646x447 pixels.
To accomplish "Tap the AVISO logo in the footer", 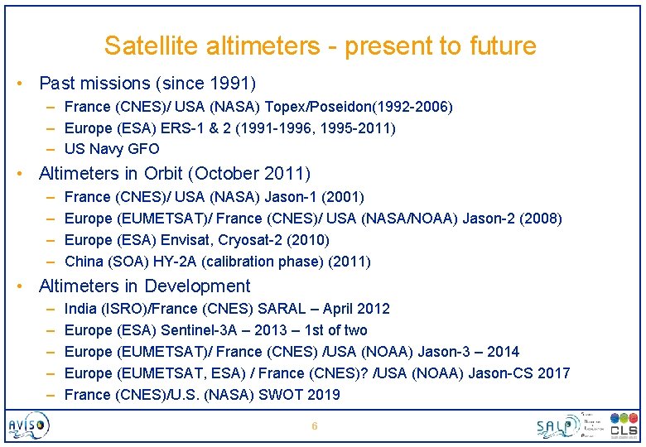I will (x=28, y=425).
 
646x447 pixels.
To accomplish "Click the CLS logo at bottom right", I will (x=623, y=425).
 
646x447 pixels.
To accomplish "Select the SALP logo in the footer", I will (x=557, y=425).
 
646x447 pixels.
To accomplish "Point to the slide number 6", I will (x=314, y=426).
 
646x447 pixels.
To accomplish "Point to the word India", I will (x=80, y=309).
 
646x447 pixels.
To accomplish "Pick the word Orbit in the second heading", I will (x=158, y=174).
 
